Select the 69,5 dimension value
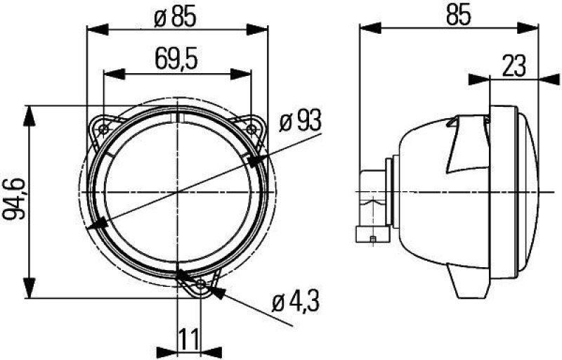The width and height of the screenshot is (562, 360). tap(176, 60)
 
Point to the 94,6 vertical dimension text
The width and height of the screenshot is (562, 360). tap(15, 200)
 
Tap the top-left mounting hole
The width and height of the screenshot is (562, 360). tap(104, 129)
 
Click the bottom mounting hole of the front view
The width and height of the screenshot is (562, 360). tap(202, 284)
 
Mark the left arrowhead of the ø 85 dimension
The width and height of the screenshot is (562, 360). tap(96, 29)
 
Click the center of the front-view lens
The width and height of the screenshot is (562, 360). tap(177, 191)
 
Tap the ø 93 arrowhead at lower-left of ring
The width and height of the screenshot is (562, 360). tap(99, 224)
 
